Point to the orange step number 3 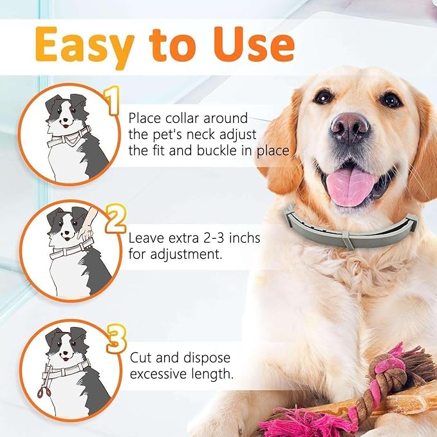click(x=116, y=338)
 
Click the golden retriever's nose click(x=349, y=127)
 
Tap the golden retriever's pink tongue click(x=350, y=185)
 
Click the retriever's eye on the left click(x=323, y=97)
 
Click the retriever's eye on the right click(x=391, y=100)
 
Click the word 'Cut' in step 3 click(x=141, y=357)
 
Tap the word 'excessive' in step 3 click(x=158, y=373)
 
